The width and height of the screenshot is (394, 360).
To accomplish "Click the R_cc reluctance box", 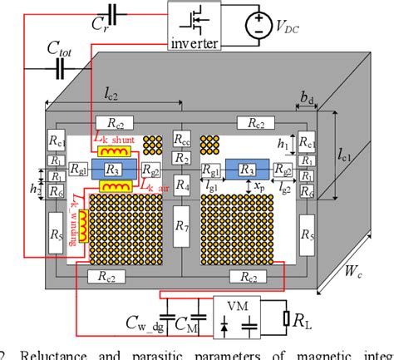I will [x=182, y=141].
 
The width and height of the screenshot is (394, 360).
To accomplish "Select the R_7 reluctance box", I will [x=182, y=223].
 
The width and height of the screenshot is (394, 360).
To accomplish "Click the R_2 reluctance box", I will [x=182, y=159].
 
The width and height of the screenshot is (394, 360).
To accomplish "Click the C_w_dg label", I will [x=148, y=323].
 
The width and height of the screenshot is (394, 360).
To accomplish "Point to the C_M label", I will [x=187, y=323].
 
